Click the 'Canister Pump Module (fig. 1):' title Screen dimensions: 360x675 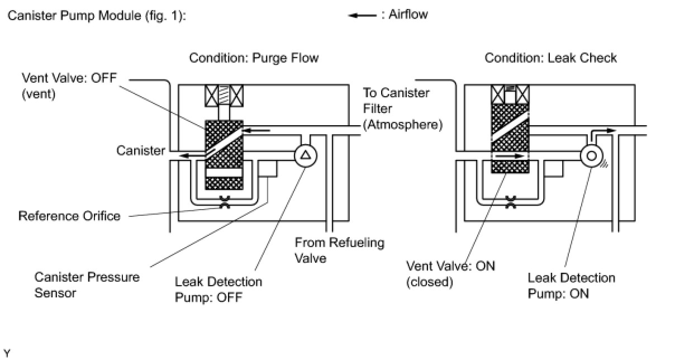tap(96, 16)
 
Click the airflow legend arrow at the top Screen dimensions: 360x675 tap(362, 16)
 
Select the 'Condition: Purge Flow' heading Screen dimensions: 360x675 tap(254, 58)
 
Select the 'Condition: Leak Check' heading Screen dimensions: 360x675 tap(550, 58)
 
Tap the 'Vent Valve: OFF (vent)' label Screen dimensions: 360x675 tap(69, 86)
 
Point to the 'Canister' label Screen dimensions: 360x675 tap(141, 150)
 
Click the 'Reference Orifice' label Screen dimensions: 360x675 tap(69, 216)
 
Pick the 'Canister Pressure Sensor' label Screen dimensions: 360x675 tap(87, 285)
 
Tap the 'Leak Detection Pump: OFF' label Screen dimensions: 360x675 tap(218, 288)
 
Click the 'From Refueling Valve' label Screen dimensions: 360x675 tap(340, 250)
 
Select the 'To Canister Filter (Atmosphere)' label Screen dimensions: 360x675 tap(402, 108)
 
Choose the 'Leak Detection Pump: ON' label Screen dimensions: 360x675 tap(571, 286)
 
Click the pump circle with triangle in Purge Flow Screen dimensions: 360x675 tap(305, 155)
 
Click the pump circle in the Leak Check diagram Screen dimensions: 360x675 tap(591, 155)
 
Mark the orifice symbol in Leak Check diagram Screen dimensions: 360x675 tap(510, 202)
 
